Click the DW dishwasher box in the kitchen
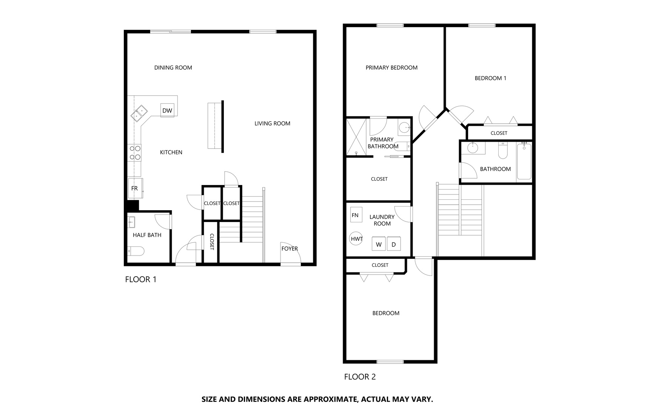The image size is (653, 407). (167, 110)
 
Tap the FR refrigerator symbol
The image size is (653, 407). (135, 188)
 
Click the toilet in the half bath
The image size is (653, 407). (136, 251)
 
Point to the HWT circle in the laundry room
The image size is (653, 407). (356, 239)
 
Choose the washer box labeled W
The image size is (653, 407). (379, 244)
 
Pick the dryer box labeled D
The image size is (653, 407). (394, 244)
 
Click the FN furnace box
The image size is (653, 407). (356, 215)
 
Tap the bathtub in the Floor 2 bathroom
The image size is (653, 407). (524, 162)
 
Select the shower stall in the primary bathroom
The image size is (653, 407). (356, 137)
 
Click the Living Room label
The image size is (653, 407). (272, 123)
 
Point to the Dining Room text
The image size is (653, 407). (173, 67)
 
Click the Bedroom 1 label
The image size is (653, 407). (490, 78)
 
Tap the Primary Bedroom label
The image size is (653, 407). (391, 67)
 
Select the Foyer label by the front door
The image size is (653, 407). (290, 248)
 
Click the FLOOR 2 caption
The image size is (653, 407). (360, 376)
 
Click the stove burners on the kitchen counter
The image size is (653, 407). (135, 153)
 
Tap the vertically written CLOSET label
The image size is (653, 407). (212, 242)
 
